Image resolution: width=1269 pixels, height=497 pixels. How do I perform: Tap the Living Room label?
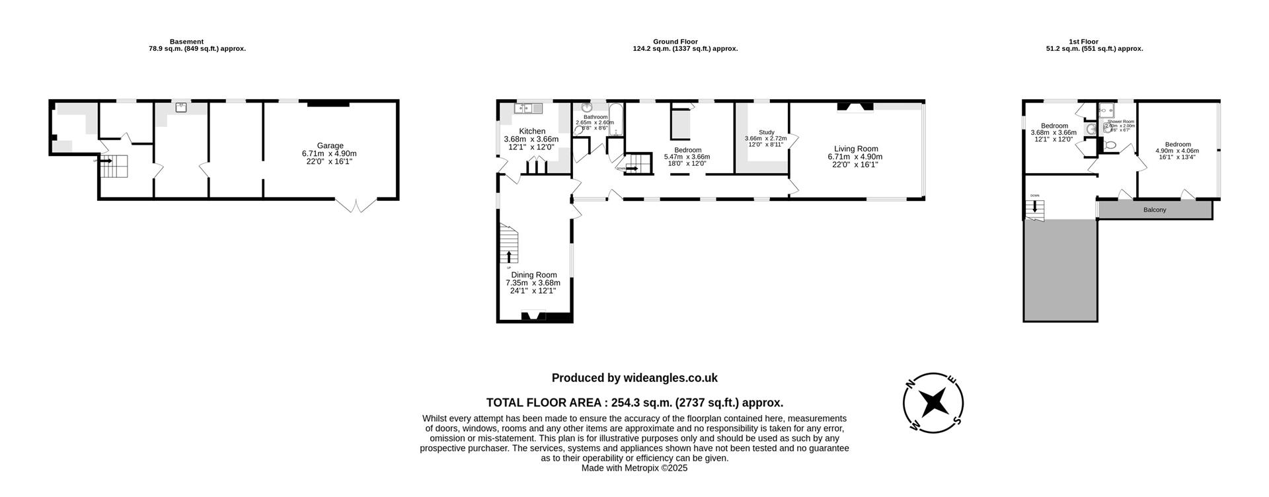click(x=855, y=149)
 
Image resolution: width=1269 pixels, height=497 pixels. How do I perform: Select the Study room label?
click(x=766, y=132)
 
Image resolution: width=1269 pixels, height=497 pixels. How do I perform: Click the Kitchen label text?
click(x=531, y=132)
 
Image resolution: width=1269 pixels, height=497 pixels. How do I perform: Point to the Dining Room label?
click(x=533, y=275)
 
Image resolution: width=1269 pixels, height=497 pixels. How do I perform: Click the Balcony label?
click(x=1154, y=210)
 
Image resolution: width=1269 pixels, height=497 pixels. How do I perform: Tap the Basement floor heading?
click(x=186, y=42)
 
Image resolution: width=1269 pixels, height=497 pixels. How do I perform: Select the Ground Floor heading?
click(x=675, y=42)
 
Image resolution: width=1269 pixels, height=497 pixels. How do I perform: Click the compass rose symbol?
click(x=933, y=402)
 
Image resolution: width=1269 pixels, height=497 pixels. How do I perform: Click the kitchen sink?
click(x=527, y=108)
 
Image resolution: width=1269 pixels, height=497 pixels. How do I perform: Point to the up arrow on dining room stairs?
click(x=509, y=256)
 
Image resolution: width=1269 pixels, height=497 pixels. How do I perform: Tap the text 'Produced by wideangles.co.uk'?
click(x=634, y=378)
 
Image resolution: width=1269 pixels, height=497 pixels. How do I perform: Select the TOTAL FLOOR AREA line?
click(x=634, y=402)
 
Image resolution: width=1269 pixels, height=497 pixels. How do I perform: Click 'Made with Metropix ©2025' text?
click(x=634, y=468)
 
